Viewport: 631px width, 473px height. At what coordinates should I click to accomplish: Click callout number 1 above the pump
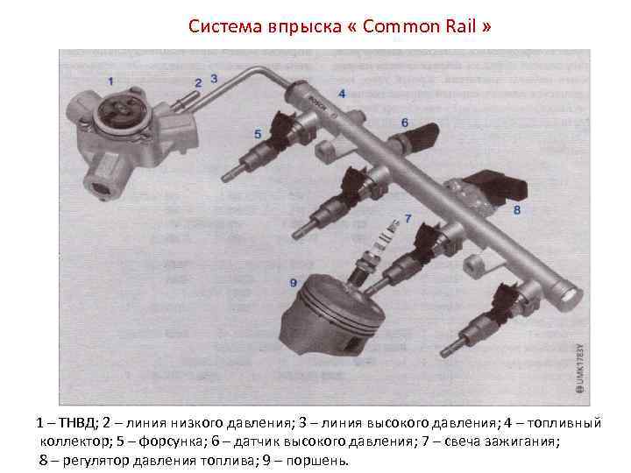(x=111, y=81)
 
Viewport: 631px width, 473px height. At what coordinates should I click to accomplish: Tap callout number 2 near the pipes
(x=198, y=83)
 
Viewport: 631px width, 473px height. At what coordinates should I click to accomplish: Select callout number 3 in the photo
(x=214, y=79)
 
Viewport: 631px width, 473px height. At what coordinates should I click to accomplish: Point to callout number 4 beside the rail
(x=342, y=94)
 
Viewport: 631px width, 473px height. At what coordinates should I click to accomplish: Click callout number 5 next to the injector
(x=258, y=134)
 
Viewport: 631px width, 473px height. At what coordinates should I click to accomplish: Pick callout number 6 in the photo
(x=405, y=123)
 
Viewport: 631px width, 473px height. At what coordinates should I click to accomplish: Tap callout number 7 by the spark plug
(x=408, y=218)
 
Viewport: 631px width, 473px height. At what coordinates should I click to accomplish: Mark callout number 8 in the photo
(x=517, y=209)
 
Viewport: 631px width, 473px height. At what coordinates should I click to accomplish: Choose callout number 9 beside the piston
(x=294, y=283)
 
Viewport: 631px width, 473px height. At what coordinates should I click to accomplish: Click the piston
(x=330, y=315)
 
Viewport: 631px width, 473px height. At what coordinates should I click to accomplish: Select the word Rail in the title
(x=461, y=26)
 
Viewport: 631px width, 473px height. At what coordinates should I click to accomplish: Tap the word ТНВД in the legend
(x=78, y=423)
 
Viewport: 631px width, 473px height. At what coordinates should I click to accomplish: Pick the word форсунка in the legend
(x=170, y=441)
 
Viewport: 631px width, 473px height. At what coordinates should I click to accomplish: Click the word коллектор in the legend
(x=74, y=441)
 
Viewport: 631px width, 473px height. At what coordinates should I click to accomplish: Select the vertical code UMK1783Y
(x=580, y=368)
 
